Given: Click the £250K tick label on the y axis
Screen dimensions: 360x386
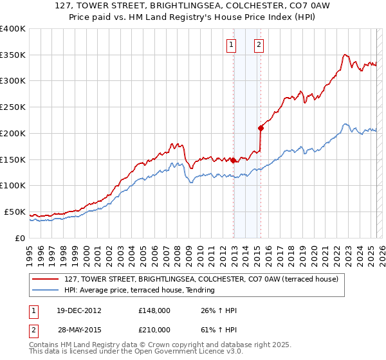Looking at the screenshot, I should [x=12, y=107].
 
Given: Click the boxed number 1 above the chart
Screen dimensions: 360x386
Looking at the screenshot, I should [x=231, y=45].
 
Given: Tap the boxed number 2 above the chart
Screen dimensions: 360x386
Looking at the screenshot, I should [x=259, y=45].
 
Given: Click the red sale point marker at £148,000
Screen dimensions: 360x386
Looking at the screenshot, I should [x=233, y=161].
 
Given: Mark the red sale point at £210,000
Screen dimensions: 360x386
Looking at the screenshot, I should [x=261, y=128].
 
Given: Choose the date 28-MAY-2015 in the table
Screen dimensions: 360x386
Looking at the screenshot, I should [x=78, y=330].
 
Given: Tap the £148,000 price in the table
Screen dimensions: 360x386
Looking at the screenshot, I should [x=154, y=310].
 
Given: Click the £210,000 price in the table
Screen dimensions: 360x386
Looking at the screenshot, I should [x=154, y=330].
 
